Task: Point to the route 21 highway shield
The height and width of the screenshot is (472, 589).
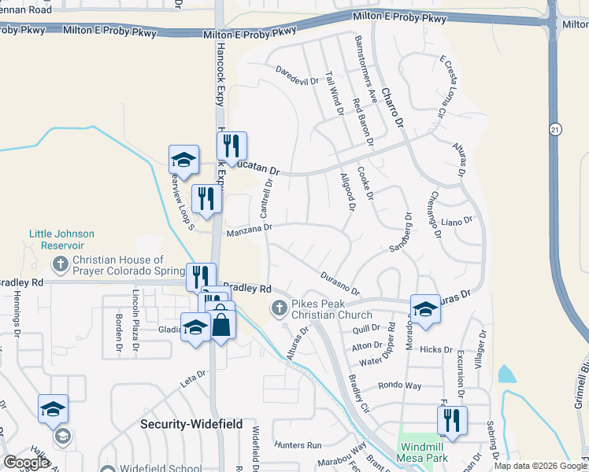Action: click(x=556, y=129)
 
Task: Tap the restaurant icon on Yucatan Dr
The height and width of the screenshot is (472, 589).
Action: click(x=232, y=146)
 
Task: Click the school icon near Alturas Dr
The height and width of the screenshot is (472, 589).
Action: click(x=425, y=309)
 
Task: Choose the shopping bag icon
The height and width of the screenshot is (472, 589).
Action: click(x=221, y=324)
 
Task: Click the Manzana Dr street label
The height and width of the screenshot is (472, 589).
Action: click(x=249, y=230)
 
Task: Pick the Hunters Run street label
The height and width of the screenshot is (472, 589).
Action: click(x=299, y=444)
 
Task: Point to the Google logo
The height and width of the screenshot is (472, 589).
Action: click(x=25, y=463)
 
